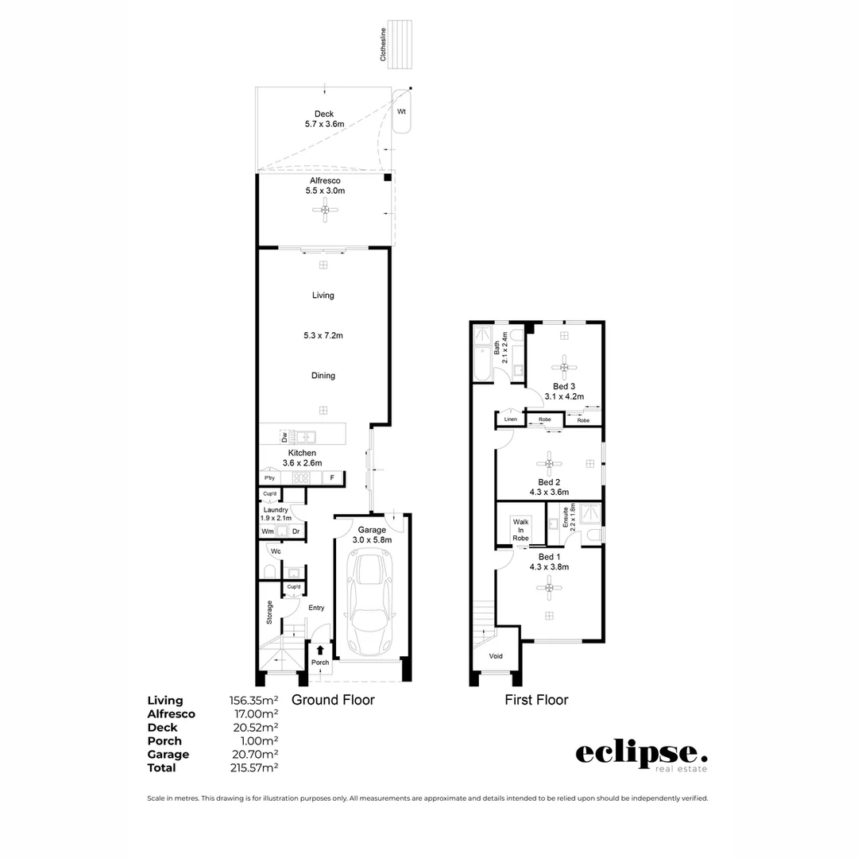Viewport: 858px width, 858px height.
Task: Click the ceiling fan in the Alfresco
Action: pos(325,210)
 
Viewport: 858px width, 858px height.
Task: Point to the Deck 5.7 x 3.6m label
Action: pos(323,119)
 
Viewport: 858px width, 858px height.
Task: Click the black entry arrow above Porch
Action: pos(320,649)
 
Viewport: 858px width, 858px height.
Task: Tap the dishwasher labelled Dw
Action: pos(284,437)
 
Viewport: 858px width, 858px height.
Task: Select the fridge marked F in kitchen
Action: pos(333,477)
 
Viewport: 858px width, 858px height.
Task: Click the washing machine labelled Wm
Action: pos(268,531)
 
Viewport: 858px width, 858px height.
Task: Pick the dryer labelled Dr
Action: pos(295,531)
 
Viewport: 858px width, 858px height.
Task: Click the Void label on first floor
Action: pos(496,656)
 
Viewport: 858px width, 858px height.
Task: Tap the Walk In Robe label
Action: pos(520,530)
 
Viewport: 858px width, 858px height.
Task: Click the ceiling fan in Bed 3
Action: pos(565,366)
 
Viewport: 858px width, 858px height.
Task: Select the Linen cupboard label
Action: pos(510,419)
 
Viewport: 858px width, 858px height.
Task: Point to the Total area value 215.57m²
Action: pos(253,768)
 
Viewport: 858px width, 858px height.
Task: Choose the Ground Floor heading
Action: pos(333,700)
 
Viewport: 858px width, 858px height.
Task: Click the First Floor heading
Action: pos(536,700)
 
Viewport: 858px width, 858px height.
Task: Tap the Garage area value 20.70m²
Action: pos(253,755)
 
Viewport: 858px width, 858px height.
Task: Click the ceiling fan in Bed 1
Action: pos(548,588)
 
